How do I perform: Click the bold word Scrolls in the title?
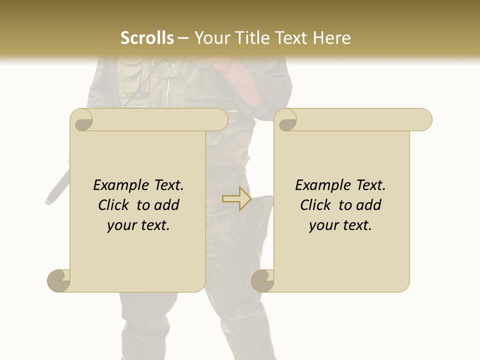tap(147, 37)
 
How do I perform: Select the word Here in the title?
tap(331, 37)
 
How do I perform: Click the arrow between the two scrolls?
tap(236, 198)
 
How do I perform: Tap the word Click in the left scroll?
tap(115, 205)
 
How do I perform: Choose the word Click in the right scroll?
tap(317, 205)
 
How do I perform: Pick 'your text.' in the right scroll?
tap(340, 225)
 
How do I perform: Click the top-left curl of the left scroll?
tap(82, 120)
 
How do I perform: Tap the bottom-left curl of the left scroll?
tap(59, 280)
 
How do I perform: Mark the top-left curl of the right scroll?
tap(286, 120)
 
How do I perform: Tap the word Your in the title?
tap(210, 37)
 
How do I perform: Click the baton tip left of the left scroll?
tap(50, 198)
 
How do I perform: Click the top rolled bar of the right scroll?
tap(360, 119)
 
